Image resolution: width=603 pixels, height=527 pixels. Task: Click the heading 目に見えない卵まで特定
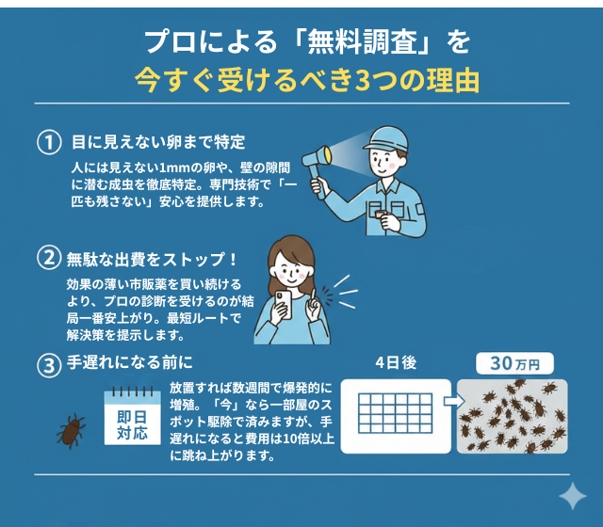click(158, 142)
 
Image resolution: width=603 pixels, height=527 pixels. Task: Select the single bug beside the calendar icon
click(71, 432)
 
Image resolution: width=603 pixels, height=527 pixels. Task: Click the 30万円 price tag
click(514, 363)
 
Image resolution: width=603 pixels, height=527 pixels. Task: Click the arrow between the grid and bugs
click(450, 403)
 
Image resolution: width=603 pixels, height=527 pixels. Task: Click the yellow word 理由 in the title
click(453, 79)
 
